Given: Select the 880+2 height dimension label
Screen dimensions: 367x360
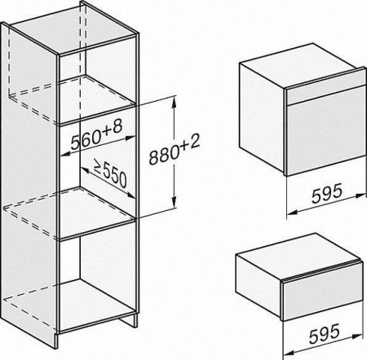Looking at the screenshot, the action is click(x=175, y=150).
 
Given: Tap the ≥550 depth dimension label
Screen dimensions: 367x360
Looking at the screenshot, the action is click(x=110, y=173).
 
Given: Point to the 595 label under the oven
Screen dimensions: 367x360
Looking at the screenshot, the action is click(x=326, y=193).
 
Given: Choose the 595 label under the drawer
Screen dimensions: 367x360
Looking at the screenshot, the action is click(x=325, y=333).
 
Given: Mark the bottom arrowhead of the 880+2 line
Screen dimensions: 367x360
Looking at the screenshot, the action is click(x=174, y=204).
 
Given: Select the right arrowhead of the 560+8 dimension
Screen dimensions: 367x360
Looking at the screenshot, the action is click(x=130, y=138).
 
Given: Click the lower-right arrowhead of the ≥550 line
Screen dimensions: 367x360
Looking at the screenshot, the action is click(x=131, y=195).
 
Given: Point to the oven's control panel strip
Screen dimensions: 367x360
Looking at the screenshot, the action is click(x=325, y=94).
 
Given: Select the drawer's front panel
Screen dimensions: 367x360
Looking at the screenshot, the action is click(x=322, y=296).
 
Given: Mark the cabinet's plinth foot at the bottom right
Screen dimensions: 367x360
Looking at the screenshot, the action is click(x=129, y=318).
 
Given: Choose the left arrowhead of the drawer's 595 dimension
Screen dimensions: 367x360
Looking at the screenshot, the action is click(x=289, y=353).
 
